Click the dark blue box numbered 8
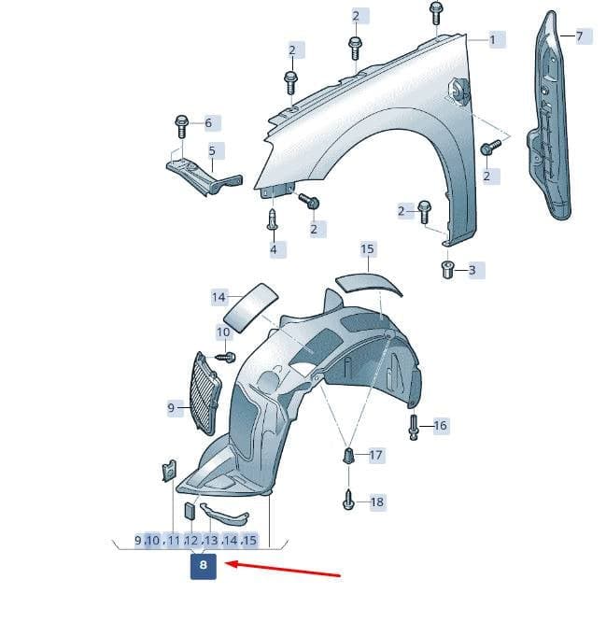[203, 566]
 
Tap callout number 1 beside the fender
[493, 40]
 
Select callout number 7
[580, 36]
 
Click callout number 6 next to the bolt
[208, 123]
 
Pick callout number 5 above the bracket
[212, 150]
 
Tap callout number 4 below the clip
[274, 249]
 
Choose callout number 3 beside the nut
[472, 270]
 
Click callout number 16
[441, 426]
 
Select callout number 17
[375, 455]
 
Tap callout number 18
[377, 502]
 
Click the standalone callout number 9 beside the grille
[171, 408]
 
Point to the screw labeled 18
[347, 501]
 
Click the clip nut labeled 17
[348, 456]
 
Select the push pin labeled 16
[414, 427]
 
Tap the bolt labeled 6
[182, 126]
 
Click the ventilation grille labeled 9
[205, 392]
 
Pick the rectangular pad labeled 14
[250, 307]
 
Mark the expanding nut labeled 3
[447, 270]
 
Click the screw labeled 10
[226, 357]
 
